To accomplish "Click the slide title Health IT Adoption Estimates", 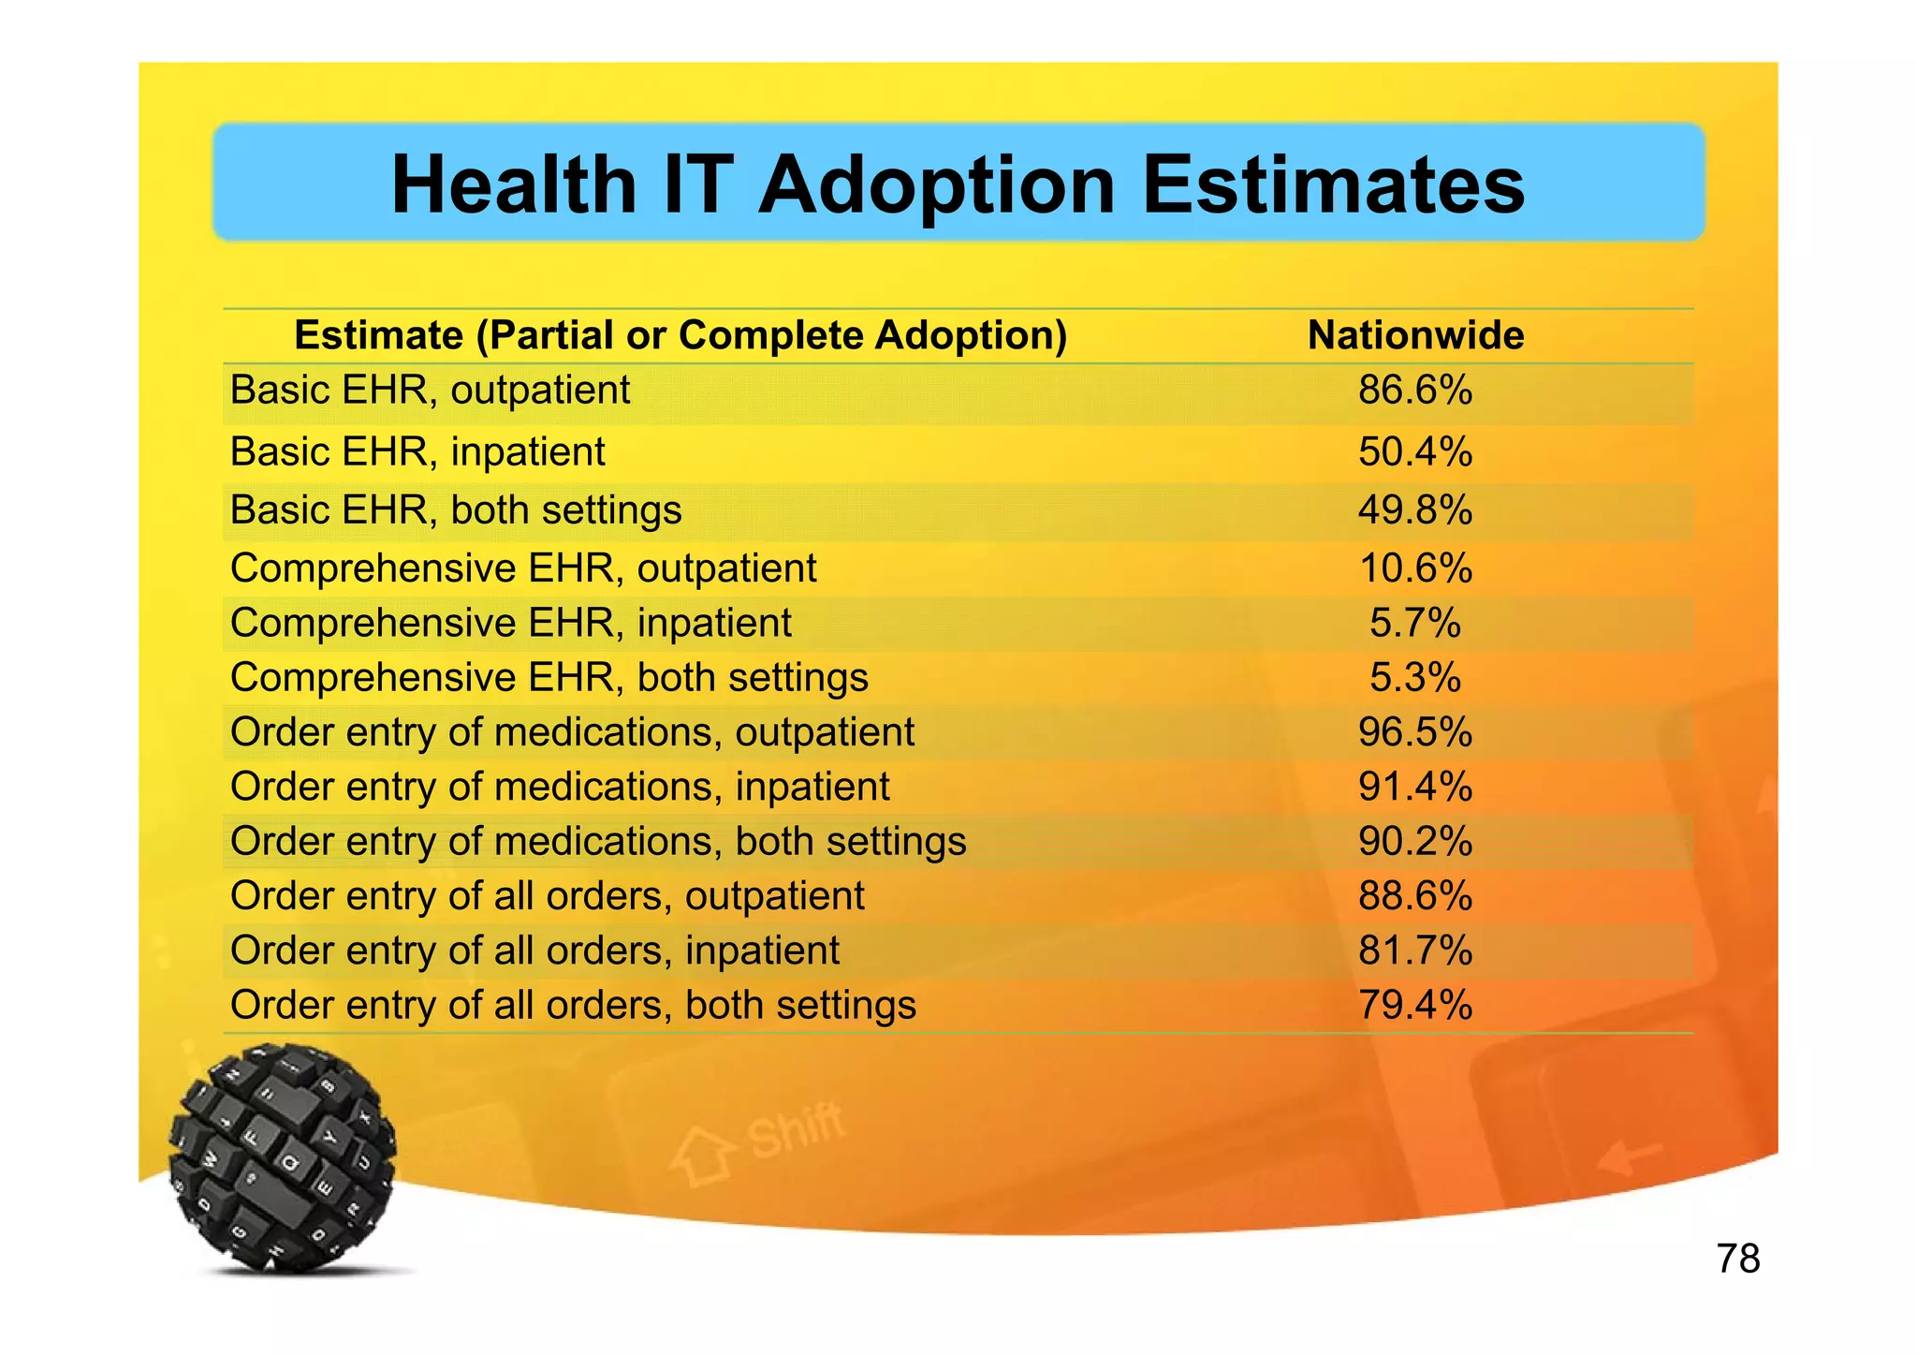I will point(958,184).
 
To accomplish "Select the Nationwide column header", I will point(1415,335).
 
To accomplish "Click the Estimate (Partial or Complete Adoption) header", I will point(680,335).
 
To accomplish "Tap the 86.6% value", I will point(1415,391).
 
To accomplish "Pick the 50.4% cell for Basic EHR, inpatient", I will point(1415,452).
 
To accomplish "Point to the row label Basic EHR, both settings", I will point(456,510).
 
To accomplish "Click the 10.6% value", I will point(1415,568).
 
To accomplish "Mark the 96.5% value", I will point(1415,732).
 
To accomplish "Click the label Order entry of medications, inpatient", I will point(560,787).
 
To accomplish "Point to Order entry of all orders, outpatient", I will point(548,896).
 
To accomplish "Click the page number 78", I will point(1738,1259).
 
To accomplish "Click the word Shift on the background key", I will point(796,1130).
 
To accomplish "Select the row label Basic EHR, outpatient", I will point(431,391).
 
